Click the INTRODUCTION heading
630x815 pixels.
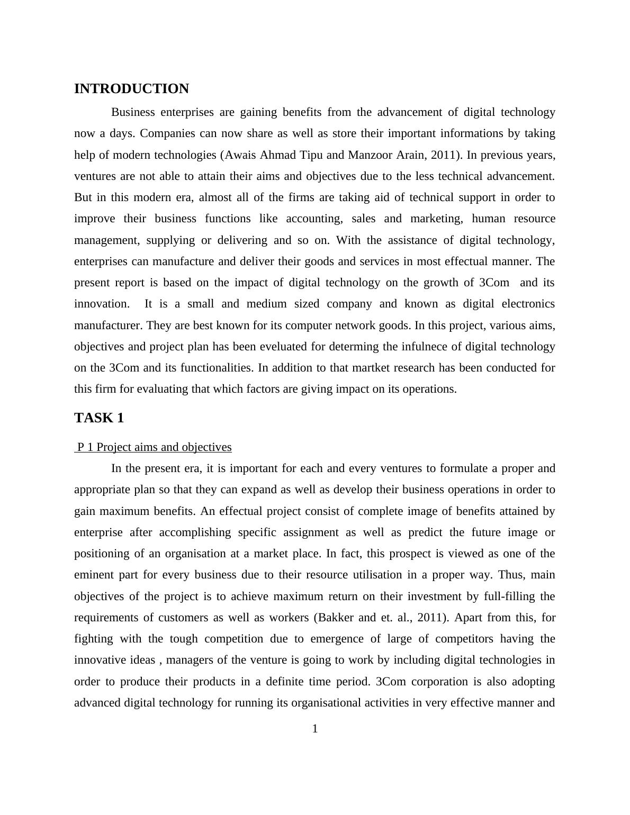click(131, 89)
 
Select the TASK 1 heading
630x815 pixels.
click(99, 418)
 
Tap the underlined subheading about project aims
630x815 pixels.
click(154, 447)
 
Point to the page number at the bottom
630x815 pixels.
click(315, 729)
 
